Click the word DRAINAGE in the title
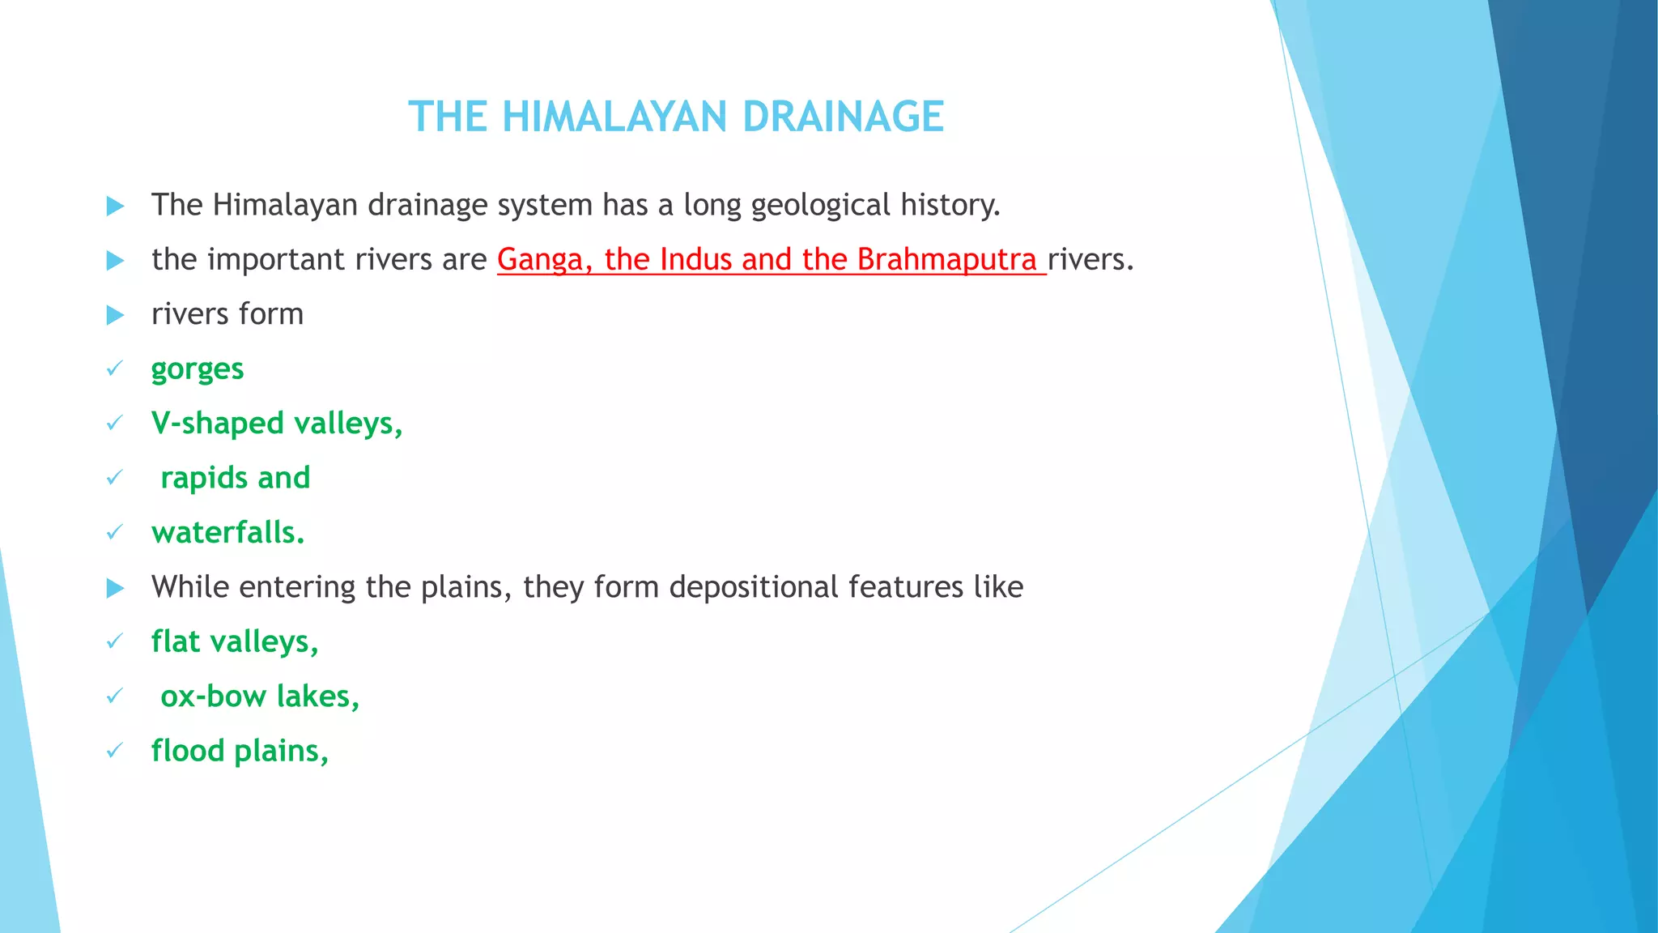point(843,117)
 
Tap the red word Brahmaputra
point(946,259)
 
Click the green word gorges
point(197,369)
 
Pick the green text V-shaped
point(217,424)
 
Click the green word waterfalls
point(227,533)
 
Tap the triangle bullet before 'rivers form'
point(116,315)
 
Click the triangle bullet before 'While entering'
point(116,588)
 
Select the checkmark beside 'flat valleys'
point(114,642)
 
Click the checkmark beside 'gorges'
point(114,369)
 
